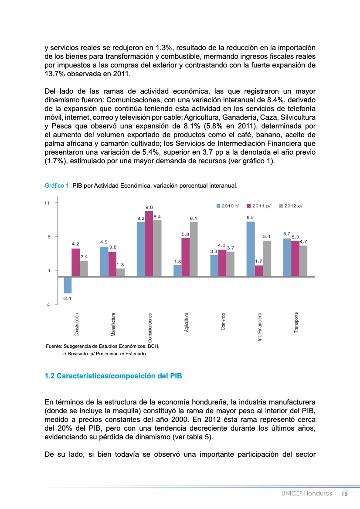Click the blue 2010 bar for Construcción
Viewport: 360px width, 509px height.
click(68, 285)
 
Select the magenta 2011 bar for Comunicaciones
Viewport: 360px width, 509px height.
click(149, 243)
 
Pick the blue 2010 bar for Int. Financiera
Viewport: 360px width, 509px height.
click(250, 249)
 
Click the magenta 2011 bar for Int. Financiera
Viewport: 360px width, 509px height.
click(259, 271)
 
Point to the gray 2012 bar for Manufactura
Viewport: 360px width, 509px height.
click(121, 272)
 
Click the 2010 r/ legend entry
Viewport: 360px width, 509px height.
click(228, 206)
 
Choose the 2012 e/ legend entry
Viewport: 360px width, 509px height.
click(290, 206)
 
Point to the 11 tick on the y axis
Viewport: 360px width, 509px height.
click(48, 203)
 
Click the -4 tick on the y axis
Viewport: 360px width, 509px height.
click(48, 305)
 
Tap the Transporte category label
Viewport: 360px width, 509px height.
click(296, 323)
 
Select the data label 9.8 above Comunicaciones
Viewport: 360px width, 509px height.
click(149, 207)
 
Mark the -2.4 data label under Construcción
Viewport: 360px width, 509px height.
click(67, 298)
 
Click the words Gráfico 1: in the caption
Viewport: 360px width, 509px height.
click(58, 185)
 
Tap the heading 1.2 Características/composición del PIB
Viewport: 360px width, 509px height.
click(113, 375)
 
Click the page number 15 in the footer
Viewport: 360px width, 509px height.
click(344, 494)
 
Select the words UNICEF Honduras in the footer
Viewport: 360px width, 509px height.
click(307, 494)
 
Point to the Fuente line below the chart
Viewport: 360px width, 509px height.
click(103, 346)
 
